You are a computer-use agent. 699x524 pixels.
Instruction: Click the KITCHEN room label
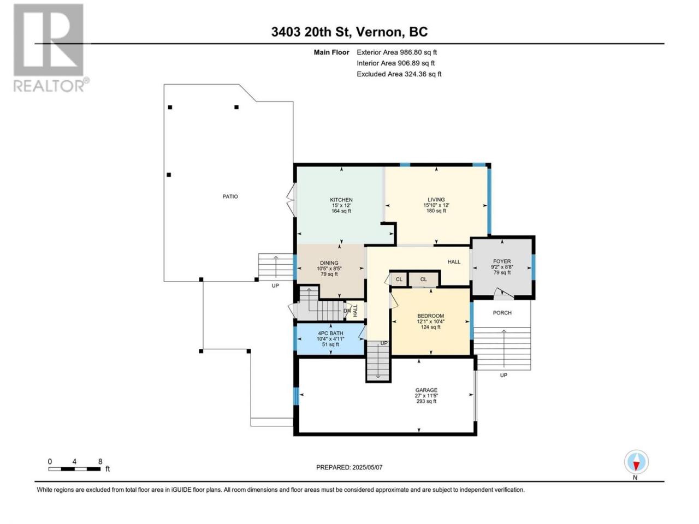341,200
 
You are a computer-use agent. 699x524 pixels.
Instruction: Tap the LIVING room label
436,199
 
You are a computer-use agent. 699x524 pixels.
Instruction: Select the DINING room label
329,263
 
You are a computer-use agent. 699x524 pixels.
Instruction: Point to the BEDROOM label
430,316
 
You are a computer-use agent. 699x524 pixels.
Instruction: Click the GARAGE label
426,390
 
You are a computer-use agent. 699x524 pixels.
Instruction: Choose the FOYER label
502,261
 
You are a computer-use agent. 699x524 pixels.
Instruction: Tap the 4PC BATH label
330,334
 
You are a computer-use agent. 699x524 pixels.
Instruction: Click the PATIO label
230,196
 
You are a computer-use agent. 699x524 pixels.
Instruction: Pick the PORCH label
502,313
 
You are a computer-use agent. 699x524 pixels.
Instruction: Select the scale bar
74,469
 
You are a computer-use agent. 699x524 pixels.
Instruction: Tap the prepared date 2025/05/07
367,467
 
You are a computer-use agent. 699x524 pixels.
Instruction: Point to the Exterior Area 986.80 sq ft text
397,52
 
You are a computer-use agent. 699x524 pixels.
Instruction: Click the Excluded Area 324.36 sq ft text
399,74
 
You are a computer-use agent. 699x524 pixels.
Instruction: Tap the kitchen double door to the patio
292,198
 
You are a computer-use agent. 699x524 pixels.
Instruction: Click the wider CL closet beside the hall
423,279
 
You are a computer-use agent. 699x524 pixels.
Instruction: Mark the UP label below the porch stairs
503,376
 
